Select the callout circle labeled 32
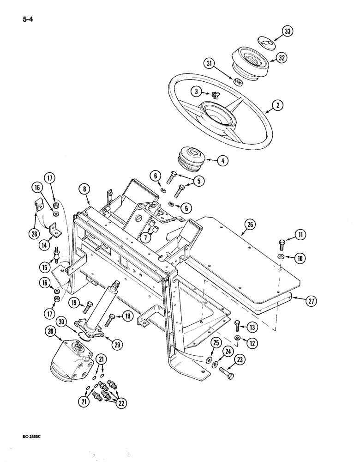tap(281, 58)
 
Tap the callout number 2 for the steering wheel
tap(277, 105)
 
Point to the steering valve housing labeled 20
tap(71, 358)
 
